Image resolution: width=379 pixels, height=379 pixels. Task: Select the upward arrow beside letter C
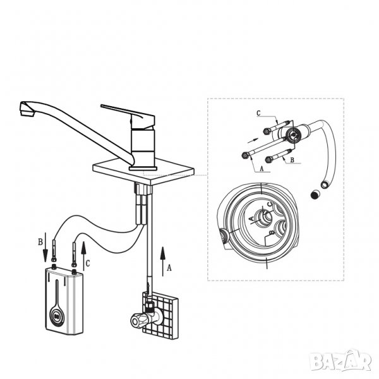point(83,255)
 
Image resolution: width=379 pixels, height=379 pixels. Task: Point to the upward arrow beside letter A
point(163,262)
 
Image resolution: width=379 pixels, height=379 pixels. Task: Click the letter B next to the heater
point(40,242)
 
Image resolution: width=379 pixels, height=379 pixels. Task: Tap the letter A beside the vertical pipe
point(169,268)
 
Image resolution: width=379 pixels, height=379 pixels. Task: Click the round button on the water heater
point(57,316)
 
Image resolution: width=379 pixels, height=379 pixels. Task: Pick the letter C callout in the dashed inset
point(258,113)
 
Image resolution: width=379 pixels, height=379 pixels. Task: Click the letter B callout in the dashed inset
point(292,160)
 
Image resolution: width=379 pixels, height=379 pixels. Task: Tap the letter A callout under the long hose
point(262,169)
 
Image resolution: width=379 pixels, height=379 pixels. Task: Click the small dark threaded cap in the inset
point(315,195)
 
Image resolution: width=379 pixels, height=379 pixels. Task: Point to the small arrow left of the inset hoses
point(253,140)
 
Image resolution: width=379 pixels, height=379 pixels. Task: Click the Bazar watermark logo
point(340,361)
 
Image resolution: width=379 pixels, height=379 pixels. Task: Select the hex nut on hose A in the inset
point(245,155)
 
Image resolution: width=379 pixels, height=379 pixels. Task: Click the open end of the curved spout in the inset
point(324,184)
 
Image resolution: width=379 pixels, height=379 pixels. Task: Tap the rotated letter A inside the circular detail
point(251,219)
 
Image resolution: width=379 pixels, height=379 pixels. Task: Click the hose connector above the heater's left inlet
point(54,251)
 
